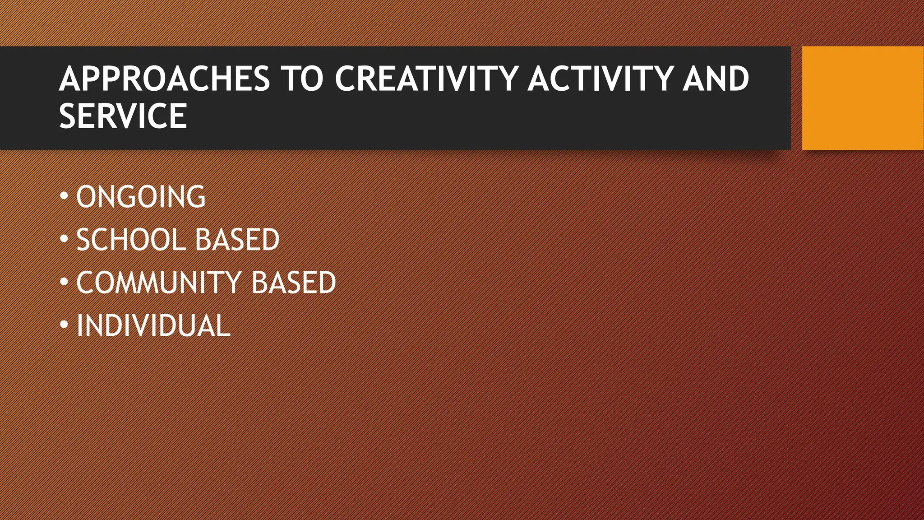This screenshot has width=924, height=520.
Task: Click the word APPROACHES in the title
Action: click(164, 79)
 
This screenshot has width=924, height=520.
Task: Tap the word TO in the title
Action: click(302, 79)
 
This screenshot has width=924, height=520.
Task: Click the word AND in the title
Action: click(716, 79)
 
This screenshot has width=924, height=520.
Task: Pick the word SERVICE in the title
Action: click(123, 116)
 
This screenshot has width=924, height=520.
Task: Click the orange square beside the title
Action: click(863, 98)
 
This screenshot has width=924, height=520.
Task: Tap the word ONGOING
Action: click(141, 197)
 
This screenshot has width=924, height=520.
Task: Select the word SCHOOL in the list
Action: click(130, 240)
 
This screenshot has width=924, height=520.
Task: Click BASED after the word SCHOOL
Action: click(237, 240)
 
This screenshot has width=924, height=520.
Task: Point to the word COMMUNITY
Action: click(159, 283)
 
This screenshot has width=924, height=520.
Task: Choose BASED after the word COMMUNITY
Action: click(293, 283)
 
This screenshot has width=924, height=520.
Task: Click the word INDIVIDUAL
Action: click(153, 325)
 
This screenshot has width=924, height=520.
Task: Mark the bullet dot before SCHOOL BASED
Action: click(64, 239)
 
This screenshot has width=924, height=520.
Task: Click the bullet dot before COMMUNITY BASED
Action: click(64, 282)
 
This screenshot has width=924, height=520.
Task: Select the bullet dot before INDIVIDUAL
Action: click(64, 325)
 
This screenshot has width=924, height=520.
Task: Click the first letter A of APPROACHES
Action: click(70, 79)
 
